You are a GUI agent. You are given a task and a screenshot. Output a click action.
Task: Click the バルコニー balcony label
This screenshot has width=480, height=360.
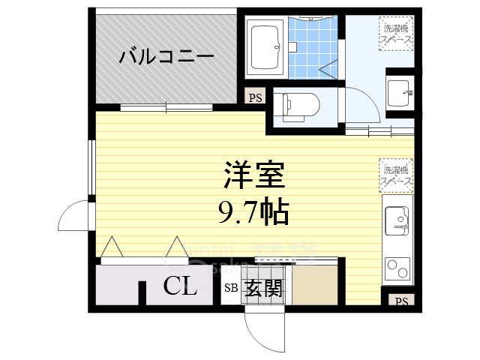pyautogui.click(x=166, y=56)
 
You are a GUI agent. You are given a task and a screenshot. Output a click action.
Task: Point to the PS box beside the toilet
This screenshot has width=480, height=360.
pyautogui.click(x=256, y=97)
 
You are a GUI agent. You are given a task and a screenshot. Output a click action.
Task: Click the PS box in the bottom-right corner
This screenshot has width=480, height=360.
pyautogui.click(x=401, y=301)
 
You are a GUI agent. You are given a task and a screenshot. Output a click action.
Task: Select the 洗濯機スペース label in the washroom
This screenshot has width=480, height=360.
pyautogui.click(x=394, y=31)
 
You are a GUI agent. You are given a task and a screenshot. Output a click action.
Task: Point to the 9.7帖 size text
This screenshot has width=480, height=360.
pyautogui.click(x=253, y=214)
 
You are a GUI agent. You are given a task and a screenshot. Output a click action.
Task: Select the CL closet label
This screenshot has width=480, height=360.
pyautogui.click(x=180, y=286)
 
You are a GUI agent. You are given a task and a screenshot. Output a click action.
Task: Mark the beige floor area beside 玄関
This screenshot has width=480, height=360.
pyautogui.click(x=316, y=285)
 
